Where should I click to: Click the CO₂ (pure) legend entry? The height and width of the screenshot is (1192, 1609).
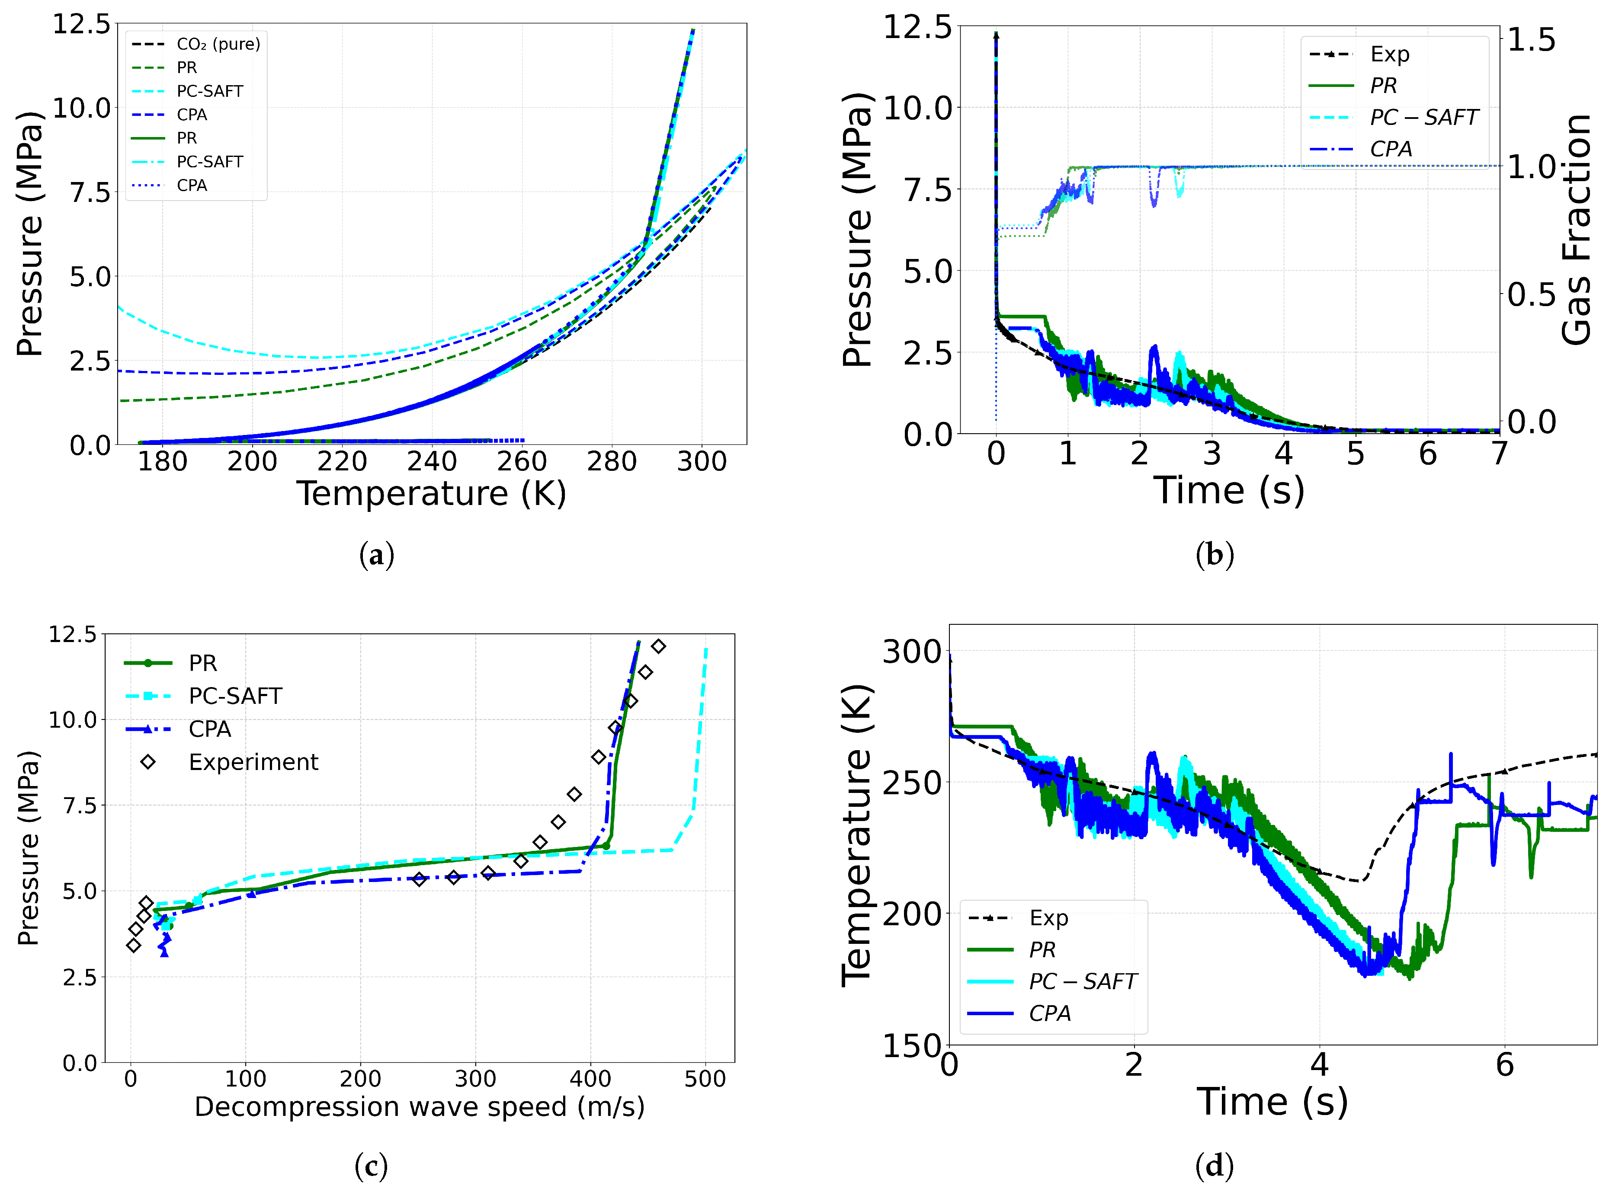217,44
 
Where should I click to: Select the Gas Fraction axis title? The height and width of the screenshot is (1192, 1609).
1577,230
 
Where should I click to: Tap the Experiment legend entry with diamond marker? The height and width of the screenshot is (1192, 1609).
253,762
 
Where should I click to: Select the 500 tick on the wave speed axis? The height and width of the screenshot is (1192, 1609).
705,1079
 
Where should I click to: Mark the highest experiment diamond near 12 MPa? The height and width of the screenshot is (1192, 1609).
658,646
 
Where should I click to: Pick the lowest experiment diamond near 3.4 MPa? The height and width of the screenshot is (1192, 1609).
134,945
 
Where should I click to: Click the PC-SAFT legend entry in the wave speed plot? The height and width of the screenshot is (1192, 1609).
234,696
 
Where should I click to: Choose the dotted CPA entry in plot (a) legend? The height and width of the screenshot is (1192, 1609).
191,185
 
